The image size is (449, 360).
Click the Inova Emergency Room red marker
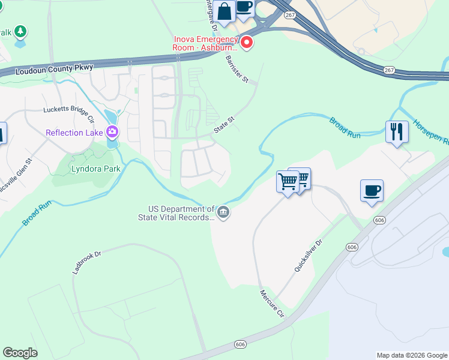246,43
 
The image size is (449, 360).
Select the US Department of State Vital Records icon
223,212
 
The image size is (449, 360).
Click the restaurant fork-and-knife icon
397,131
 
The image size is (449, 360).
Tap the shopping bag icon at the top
224,12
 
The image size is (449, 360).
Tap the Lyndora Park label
96,169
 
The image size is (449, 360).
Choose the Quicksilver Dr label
309,256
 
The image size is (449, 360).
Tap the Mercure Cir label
271,303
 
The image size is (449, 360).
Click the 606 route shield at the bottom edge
241,344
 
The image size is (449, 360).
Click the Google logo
20,353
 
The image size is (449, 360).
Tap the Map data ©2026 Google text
411,355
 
